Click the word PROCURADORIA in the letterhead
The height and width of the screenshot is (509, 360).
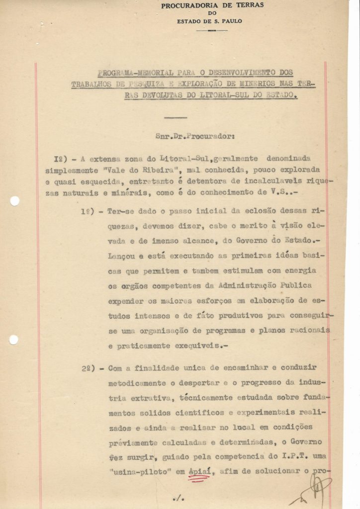pos(185,5)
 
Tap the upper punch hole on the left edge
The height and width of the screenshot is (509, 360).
pos(15,201)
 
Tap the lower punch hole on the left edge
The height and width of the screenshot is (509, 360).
pos(13,339)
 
